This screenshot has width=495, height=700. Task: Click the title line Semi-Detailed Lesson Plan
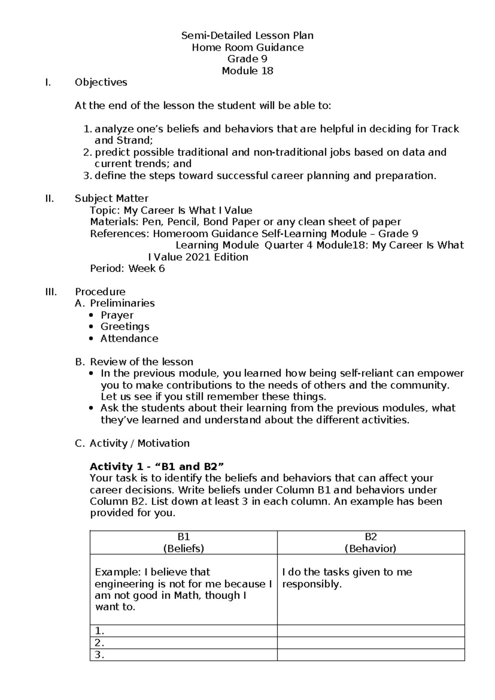247,35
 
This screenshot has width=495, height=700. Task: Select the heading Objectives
101,83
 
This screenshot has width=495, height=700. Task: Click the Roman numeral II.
49,199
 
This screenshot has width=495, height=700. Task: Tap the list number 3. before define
87,176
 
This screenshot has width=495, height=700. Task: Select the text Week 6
146,269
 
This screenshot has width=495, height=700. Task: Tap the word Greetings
125,326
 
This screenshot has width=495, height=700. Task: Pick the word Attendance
129,338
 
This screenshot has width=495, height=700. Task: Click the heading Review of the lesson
141,362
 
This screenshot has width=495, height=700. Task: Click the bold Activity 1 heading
157,467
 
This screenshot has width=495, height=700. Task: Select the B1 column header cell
184,542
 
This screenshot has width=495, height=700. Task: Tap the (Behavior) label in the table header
370,549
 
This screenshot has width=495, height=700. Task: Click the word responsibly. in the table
312,584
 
